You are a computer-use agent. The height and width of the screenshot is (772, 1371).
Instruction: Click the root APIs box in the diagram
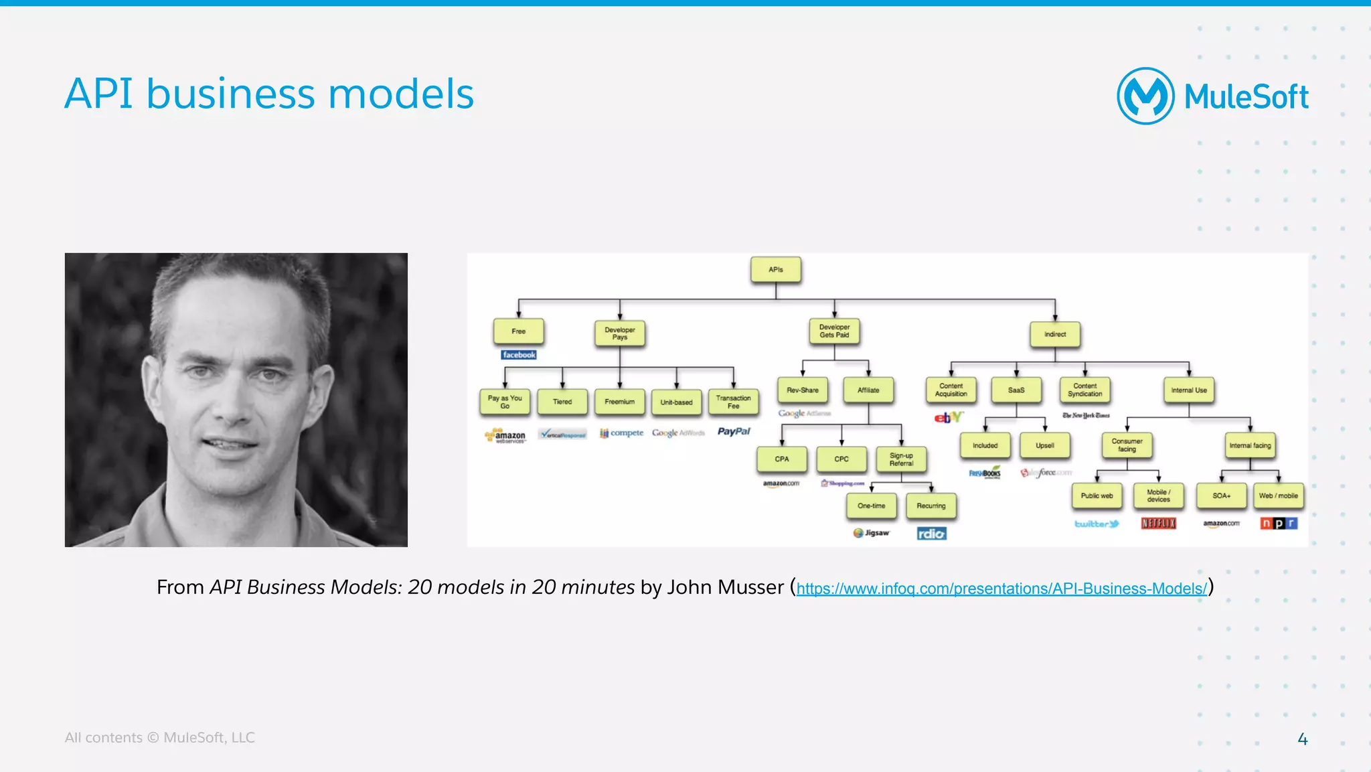(775, 270)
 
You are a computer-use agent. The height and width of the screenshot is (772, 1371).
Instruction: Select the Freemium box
(619, 402)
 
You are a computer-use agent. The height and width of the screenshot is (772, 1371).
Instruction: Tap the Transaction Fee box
(733, 402)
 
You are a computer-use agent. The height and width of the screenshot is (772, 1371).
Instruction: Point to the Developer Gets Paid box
(834, 331)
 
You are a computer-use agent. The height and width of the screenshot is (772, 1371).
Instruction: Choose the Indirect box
(1054, 334)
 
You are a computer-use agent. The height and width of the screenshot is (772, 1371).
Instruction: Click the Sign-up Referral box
(901, 459)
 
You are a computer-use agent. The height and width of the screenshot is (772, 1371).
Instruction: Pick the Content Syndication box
(1084, 390)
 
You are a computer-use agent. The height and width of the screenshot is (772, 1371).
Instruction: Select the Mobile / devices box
(1158, 495)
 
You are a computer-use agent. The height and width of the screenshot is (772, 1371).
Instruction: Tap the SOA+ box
(1221, 495)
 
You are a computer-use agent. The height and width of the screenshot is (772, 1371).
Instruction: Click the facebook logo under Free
(519, 355)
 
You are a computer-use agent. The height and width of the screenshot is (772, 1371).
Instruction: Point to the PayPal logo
(734, 432)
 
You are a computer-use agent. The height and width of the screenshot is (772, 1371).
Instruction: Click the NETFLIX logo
(1158, 523)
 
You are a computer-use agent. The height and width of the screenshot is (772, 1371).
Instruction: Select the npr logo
(1279, 523)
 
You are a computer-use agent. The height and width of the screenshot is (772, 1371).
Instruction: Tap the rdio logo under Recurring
(931, 534)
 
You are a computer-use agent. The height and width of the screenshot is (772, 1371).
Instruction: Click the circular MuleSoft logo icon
(1145, 96)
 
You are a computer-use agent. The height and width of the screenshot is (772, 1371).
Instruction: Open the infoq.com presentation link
(1001, 589)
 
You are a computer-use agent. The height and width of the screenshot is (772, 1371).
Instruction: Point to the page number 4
(1302, 739)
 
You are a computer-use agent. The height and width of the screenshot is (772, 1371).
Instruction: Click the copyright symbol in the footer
(153, 738)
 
